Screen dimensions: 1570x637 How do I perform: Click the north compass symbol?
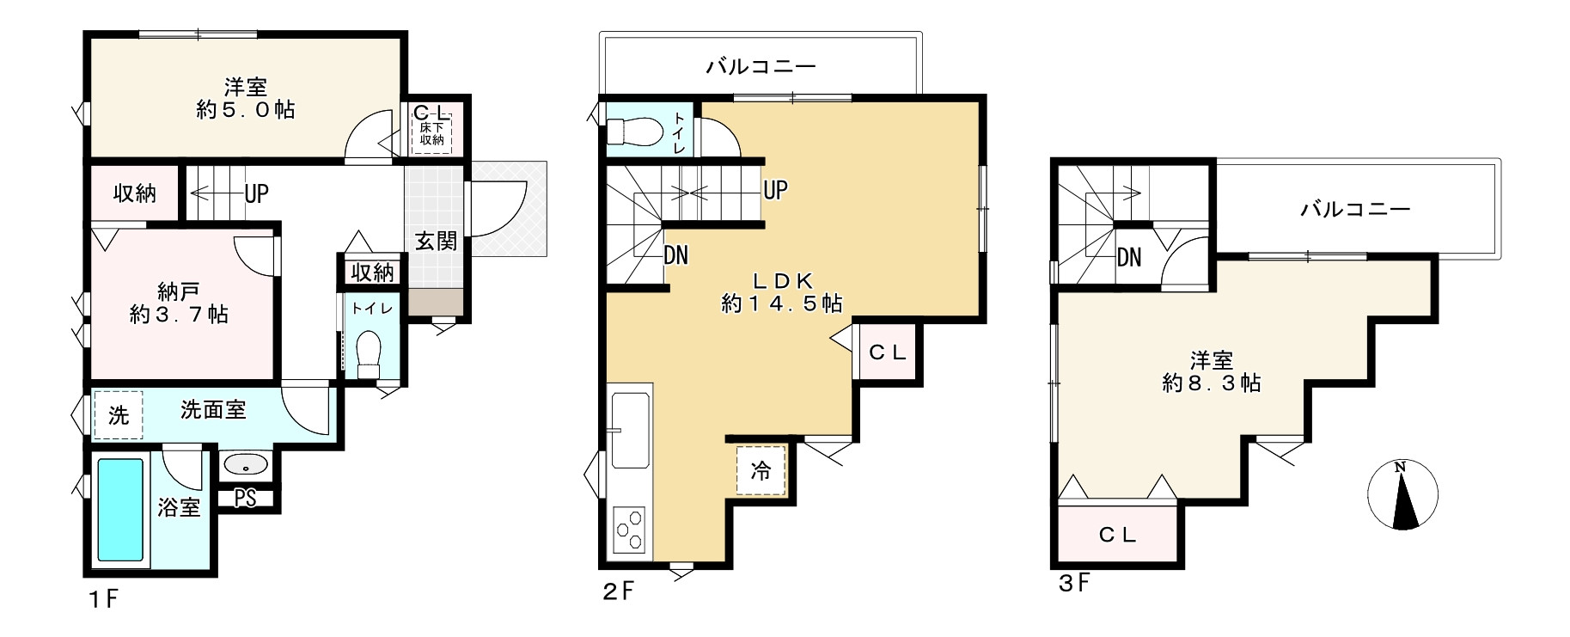1402,494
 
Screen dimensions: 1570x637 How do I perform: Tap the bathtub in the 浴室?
120,509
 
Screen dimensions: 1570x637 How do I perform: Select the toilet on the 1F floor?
369,352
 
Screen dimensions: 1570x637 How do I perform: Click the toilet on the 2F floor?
633,132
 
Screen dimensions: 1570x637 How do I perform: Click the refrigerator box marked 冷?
761,470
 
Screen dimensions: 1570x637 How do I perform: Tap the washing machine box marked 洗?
119,415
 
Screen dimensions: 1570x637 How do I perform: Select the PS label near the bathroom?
246,499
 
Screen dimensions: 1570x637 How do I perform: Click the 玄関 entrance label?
437,241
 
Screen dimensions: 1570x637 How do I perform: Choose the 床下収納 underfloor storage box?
431,133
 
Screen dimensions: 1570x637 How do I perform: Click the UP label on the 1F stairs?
256,193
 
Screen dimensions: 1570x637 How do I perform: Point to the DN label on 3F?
1129,257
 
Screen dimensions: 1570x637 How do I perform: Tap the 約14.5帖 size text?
781,303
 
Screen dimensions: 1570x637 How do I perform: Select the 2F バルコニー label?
761,66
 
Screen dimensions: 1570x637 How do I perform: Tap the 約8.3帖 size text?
1212,383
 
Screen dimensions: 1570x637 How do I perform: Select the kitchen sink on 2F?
631,431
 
